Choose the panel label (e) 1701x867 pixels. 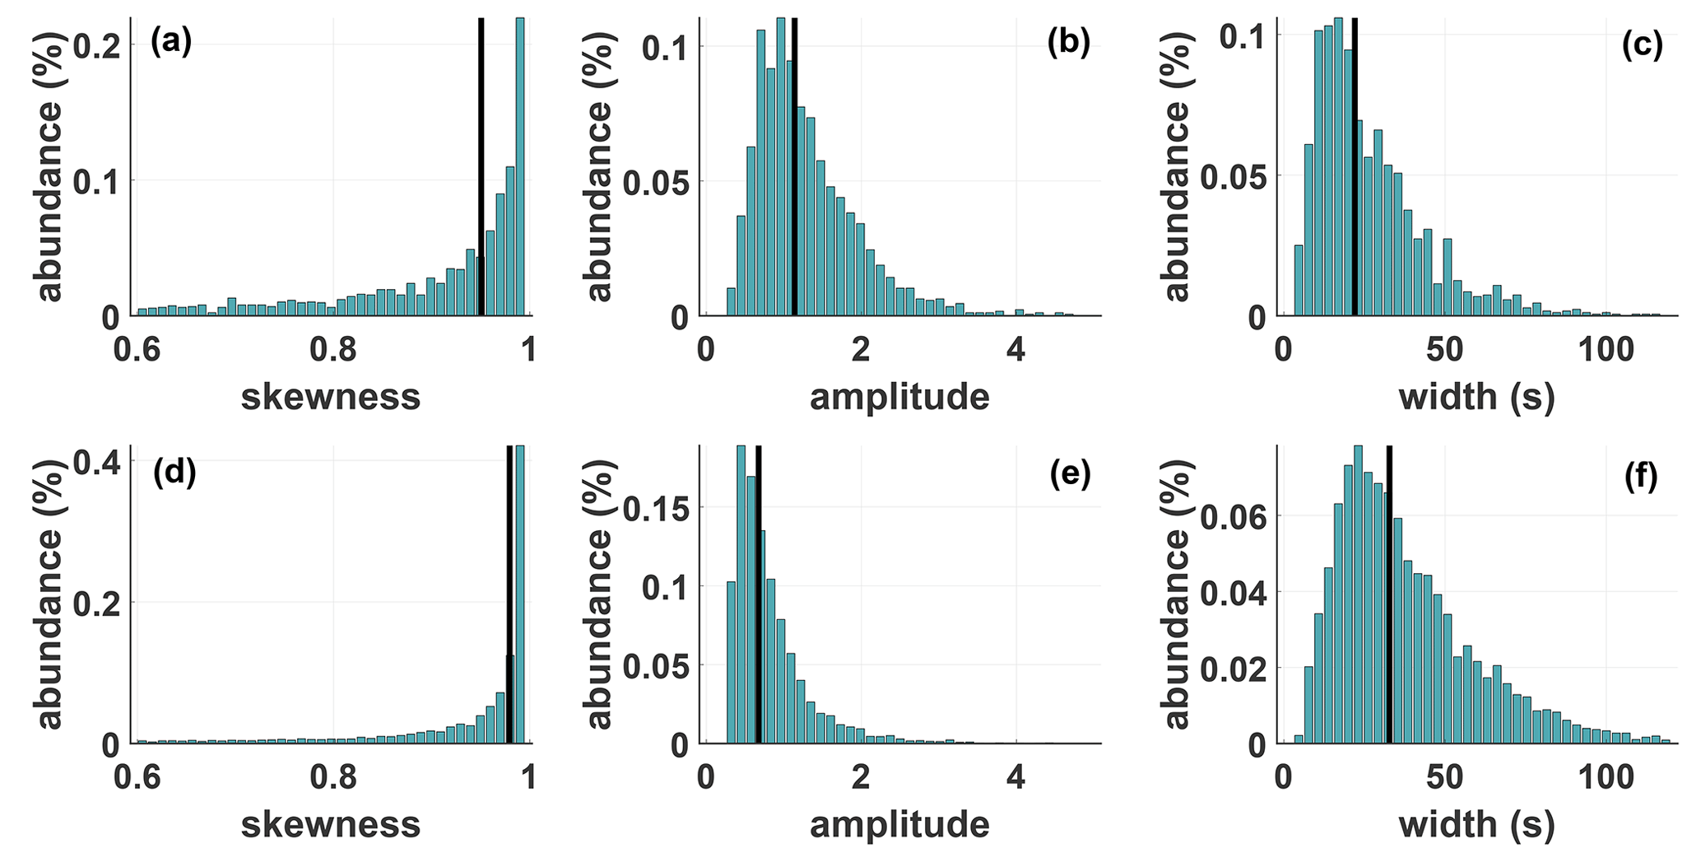pos(1068,474)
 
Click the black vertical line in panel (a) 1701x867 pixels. pos(481,165)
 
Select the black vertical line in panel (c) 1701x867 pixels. pos(1355,165)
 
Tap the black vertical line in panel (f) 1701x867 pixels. pos(1389,593)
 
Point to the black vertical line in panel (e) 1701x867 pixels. pos(758,593)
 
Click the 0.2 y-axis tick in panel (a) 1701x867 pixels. pos(97,45)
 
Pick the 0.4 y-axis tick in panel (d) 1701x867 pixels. pos(97,462)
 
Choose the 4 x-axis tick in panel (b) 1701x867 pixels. pos(1016,350)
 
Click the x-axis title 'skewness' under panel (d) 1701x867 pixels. pos(330,824)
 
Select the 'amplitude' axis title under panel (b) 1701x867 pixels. pos(899,397)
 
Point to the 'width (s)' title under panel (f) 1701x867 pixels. pos(1476,824)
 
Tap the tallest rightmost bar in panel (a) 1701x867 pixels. pos(519,165)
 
